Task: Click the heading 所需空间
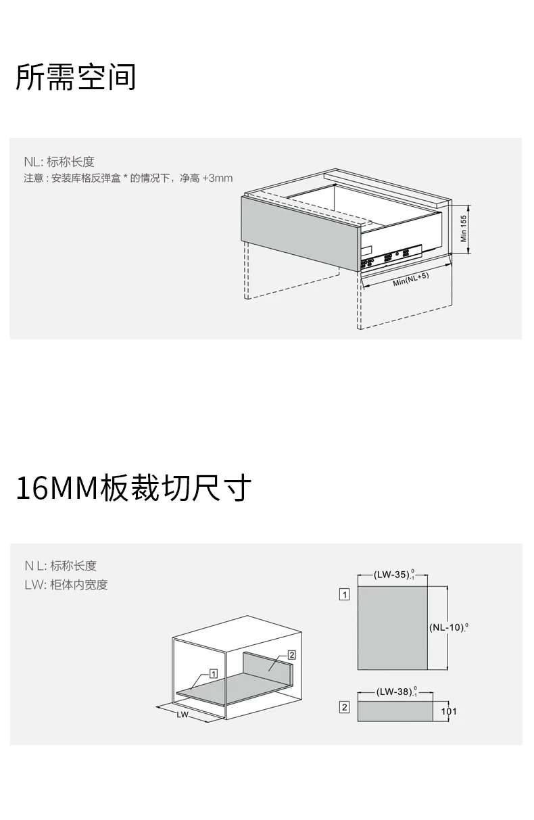pos(76,77)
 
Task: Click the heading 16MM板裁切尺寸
pos(134,487)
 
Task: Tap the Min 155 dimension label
pos(463,228)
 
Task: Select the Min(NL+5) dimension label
pos(411,279)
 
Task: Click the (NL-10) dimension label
pos(449,627)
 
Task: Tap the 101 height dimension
pos(449,711)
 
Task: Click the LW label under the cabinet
pos(183,715)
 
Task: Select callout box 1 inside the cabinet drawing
pos(214,673)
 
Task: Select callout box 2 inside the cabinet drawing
pos(291,655)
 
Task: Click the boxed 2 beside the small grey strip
pos(344,707)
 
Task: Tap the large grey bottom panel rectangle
pos(392,628)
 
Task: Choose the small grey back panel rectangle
pos(395,711)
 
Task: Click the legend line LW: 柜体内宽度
pos(66,585)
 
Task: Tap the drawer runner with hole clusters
pos(391,258)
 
